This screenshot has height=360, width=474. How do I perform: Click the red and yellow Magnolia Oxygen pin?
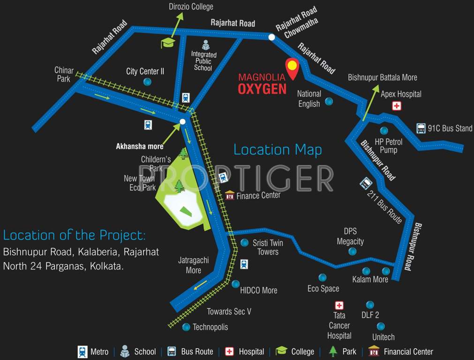tap(292, 68)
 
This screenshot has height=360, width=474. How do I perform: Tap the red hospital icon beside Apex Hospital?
tap(397, 106)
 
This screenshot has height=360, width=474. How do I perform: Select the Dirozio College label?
tap(191, 7)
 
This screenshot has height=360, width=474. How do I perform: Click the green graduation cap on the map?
tap(168, 43)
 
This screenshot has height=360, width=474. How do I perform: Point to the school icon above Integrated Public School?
tap(205, 45)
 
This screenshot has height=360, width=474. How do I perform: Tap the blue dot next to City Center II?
tap(147, 82)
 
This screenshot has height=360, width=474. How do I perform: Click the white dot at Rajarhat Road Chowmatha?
tap(271, 37)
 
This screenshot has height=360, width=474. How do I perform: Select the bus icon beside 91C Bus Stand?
tap(421, 128)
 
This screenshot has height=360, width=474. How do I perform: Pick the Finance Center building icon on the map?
tap(230, 195)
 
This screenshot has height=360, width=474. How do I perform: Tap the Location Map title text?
tap(278, 150)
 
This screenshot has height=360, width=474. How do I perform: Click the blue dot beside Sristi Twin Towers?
tap(244, 243)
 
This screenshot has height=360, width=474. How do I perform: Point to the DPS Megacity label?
tap(350, 236)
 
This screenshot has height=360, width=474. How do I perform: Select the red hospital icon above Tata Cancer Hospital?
tap(339, 306)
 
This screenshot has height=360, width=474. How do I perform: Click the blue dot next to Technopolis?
tap(186, 327)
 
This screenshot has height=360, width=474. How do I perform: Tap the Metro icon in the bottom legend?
tap(83, 352)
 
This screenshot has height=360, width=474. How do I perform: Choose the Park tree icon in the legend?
tap(333, 351)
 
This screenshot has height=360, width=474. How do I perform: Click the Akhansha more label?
tap(140, 146)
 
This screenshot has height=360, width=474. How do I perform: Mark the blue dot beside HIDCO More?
tap(235, 284)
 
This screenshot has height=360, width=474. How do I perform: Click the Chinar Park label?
tap(63, 75)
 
